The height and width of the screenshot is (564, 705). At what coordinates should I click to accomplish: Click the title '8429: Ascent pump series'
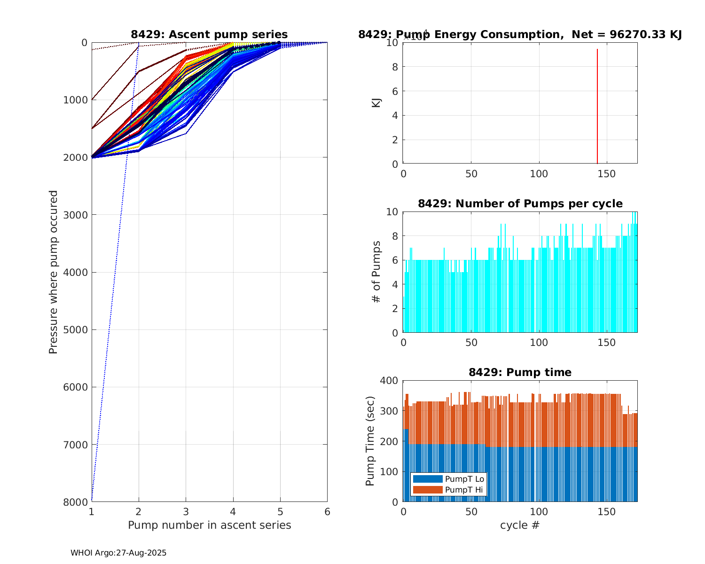[209, 34]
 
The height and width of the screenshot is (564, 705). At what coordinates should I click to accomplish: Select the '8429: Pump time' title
[520, 372]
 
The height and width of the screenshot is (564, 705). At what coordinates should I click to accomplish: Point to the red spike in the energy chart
[597, 106]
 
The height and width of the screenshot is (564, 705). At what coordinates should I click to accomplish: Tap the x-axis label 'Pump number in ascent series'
[209, 525]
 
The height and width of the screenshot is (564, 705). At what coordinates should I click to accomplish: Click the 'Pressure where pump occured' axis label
[54, 272]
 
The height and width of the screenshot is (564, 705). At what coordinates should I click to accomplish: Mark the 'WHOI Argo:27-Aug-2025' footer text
[118, 553]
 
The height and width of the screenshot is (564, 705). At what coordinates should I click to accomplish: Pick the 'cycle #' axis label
[520, 525]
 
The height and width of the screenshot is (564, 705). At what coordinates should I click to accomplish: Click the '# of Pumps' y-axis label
[376, 272]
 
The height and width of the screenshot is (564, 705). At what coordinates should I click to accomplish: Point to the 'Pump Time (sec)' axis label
[370, 441]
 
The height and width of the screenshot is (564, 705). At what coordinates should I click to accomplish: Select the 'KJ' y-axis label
[376, 103]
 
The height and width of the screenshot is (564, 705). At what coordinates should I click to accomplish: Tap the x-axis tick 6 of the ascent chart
[327, 512]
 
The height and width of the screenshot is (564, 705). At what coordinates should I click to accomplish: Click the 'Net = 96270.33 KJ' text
[627, 34]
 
